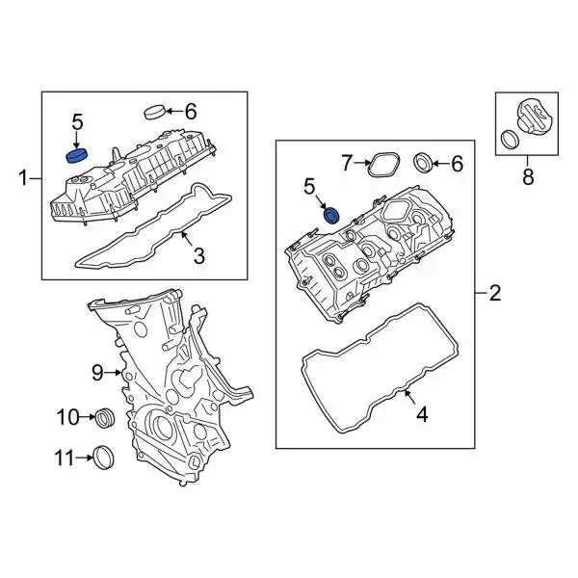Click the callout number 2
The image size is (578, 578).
click(x=495, y=294)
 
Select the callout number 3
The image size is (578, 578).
click(x=199, y=255)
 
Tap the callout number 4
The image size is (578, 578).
click(x=420, y=416)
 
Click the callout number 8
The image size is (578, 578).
click(x=527, y=176)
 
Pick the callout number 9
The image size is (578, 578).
click(x=96, y=371)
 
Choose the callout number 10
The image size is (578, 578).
click(x=67, y=417)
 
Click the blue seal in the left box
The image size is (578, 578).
click(x=75, y=154)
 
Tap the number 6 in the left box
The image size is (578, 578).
click(x=190, y=110)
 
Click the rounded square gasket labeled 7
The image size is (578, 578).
click(x=385, y=164)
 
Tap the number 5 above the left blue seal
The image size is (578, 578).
click(x=78, y=121)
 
